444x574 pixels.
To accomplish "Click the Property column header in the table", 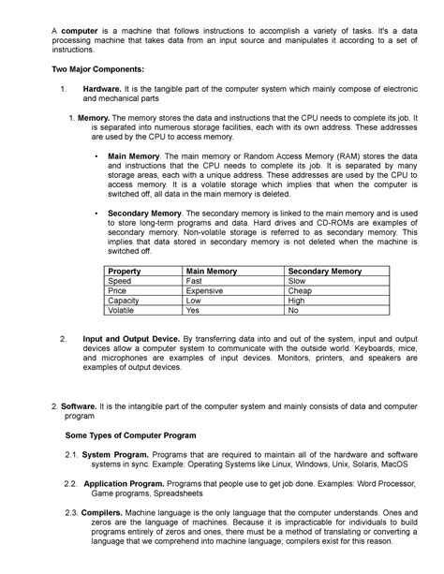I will click(125, 271).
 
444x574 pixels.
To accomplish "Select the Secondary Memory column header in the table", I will click(325, 271).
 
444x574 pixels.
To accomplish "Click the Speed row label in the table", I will click(120, 280).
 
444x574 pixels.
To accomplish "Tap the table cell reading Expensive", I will click(204, 290).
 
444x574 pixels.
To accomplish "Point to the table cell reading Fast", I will click(194, 280).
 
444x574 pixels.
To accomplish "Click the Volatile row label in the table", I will click(122, 311).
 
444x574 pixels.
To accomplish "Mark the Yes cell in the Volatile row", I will click(193, 311).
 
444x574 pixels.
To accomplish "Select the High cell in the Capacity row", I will click(297, 301).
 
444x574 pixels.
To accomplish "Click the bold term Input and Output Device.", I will click(130, 337).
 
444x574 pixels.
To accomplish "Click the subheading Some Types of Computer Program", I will click(130, 435).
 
